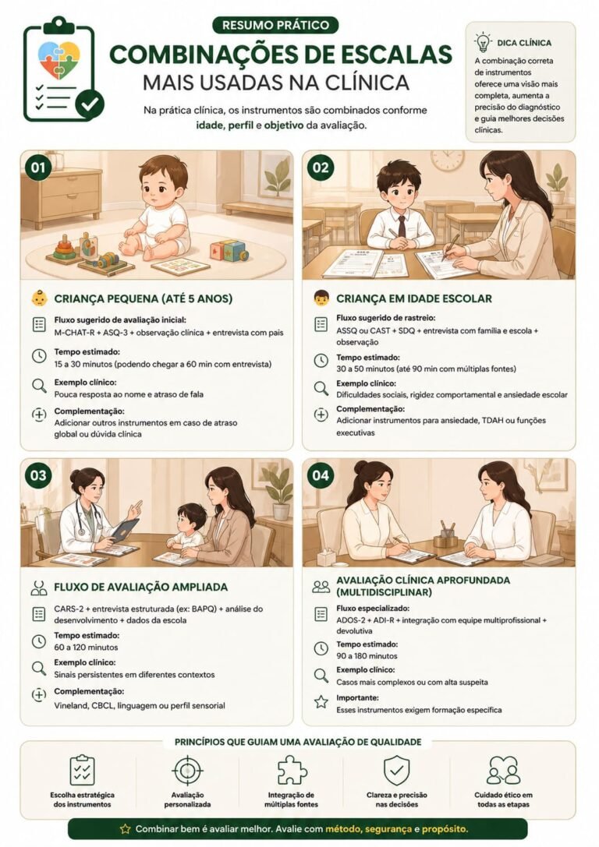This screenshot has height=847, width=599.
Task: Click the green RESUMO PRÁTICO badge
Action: tap(276, 25)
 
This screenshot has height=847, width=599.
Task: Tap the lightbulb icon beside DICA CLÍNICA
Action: tap(482, 42)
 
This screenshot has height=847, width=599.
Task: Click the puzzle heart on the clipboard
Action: tap(59, 60)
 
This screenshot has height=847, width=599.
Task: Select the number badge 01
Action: tap(38, 168)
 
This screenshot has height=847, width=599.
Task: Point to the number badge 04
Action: tap(320, 475)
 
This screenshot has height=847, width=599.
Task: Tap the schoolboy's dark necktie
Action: tap(402, 226)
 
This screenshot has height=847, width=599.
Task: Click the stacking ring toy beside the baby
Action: tap(64, 249)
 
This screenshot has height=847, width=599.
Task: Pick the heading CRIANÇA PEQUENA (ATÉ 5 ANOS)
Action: tap(144, 298)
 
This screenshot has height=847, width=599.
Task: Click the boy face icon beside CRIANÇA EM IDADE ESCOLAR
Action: tap(321, 298)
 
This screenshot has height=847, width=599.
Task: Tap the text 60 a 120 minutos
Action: tap(86, 648)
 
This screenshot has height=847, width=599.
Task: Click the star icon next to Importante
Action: tap(321, 702)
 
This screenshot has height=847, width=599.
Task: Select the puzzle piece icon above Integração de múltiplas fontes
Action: tap(292, 770)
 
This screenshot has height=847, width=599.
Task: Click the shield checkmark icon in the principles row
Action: tap(397, 771)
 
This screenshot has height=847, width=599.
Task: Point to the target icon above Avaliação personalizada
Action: tap(188, 771)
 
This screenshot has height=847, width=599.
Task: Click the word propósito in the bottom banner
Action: tap(445, 828)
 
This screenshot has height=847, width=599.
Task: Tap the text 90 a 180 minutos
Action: tap(367, 656)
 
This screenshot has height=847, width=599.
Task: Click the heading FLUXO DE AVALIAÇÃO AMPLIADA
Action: tap(141, 588)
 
